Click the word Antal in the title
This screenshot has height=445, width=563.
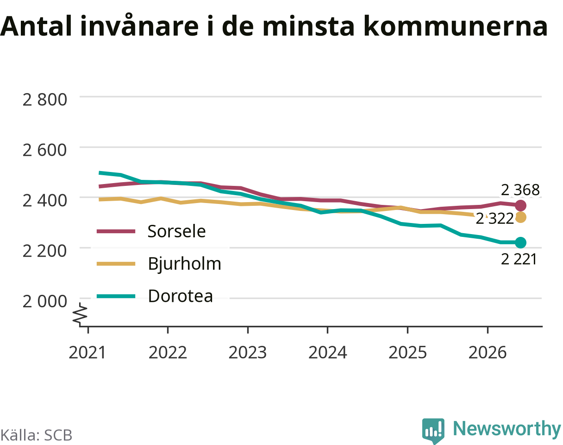(36, 26)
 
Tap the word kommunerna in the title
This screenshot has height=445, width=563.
(456, 26)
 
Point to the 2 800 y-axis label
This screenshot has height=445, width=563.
(45, 100)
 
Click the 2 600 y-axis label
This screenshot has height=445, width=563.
(45, 150)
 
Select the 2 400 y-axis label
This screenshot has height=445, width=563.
(45, 201)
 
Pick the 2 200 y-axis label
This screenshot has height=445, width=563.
(45, 251)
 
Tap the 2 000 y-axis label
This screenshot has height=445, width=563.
(45, 301)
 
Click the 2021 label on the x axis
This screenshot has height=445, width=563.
(87, 353)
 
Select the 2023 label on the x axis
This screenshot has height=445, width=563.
(248, 353)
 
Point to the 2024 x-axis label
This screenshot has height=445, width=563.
(327, 353)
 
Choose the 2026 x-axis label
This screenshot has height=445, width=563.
(488, 353)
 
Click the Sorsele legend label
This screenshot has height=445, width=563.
(176, 231)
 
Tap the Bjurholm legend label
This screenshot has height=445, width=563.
(184, 263)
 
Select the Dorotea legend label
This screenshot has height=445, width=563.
(180, 296)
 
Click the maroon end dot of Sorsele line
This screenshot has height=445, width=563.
(520, 206)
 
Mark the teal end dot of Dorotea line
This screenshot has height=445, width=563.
(520, 242)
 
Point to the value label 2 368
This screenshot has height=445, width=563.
(520, 190)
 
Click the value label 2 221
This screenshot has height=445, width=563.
(519, 259)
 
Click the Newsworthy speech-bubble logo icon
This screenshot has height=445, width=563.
(433, 430)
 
